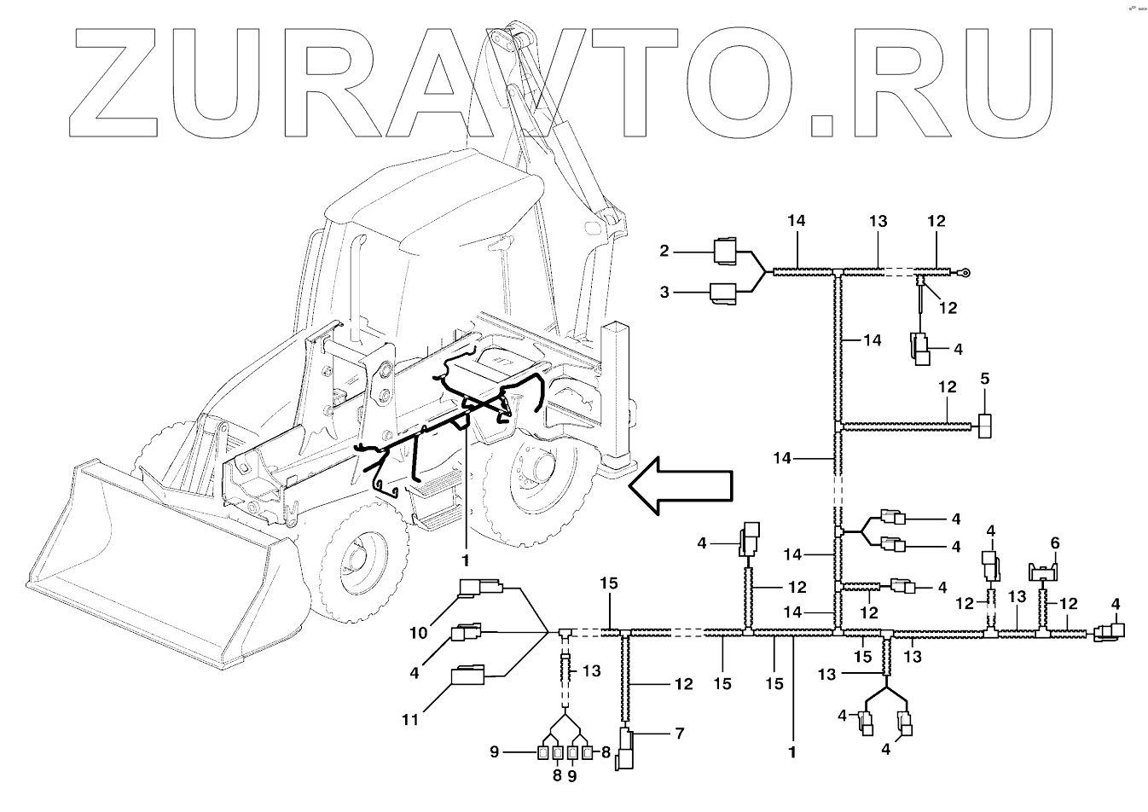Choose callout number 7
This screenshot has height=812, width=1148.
coord(679,733)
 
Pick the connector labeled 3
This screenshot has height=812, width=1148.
coord(726,293)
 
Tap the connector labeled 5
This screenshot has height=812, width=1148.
coord(985,425)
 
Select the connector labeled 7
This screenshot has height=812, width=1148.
coord(627,749)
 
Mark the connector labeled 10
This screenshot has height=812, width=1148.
coord(481,589)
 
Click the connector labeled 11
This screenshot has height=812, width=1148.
coord(468,676)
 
